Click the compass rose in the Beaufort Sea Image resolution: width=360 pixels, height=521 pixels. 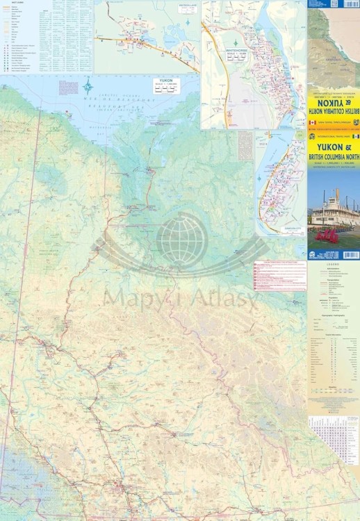[x=88, y=88]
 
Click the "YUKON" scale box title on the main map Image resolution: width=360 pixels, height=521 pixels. [x=165, y=81]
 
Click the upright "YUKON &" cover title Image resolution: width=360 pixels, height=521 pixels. [x=334, y=147]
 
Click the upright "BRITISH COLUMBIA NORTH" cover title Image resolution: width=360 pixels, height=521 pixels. [x=334, y=158]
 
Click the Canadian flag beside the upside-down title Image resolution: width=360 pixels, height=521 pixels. [x=312, y=122]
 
